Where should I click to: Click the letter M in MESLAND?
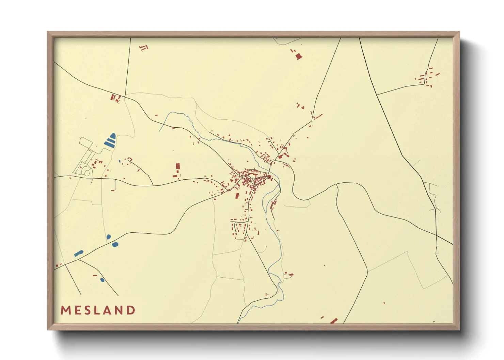pyautogui.click(x=66, y=310)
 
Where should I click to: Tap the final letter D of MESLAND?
pyautogui.click(x=131, y=310)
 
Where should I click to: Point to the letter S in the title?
pyautogui.click(x=88, y=310)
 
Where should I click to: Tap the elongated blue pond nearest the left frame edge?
pyautogui.click(x=79, y=253)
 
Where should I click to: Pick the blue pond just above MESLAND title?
pyautogui.click(x=102, y=280)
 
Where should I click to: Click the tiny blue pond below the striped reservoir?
pyautogui.click(x=120, y=161)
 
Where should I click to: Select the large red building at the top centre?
pyautogui.click(x=299, y=56)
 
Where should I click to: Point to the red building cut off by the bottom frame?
pyautogui.click(x=334, y=321)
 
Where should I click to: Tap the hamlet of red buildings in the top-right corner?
pyautogui.click(x=427, y=78)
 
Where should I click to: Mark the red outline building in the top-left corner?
pyautogui.click(x=144, y=48)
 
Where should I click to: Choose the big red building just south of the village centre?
pyautogui.click(x=238, y=196)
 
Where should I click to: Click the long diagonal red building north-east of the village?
pyautogui.click(x=318, y=116)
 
